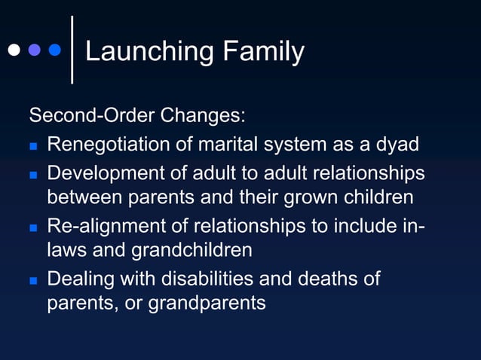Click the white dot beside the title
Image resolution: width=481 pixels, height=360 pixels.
pyautogui.click(x=14, y=51)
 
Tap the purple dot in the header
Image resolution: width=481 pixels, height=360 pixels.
pyautogui.click(x=34, y=51)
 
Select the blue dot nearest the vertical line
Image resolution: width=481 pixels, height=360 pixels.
pyautogui.click(x=54, y=51)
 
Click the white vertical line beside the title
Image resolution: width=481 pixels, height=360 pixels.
pyautogui.click(x=72, y=49)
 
